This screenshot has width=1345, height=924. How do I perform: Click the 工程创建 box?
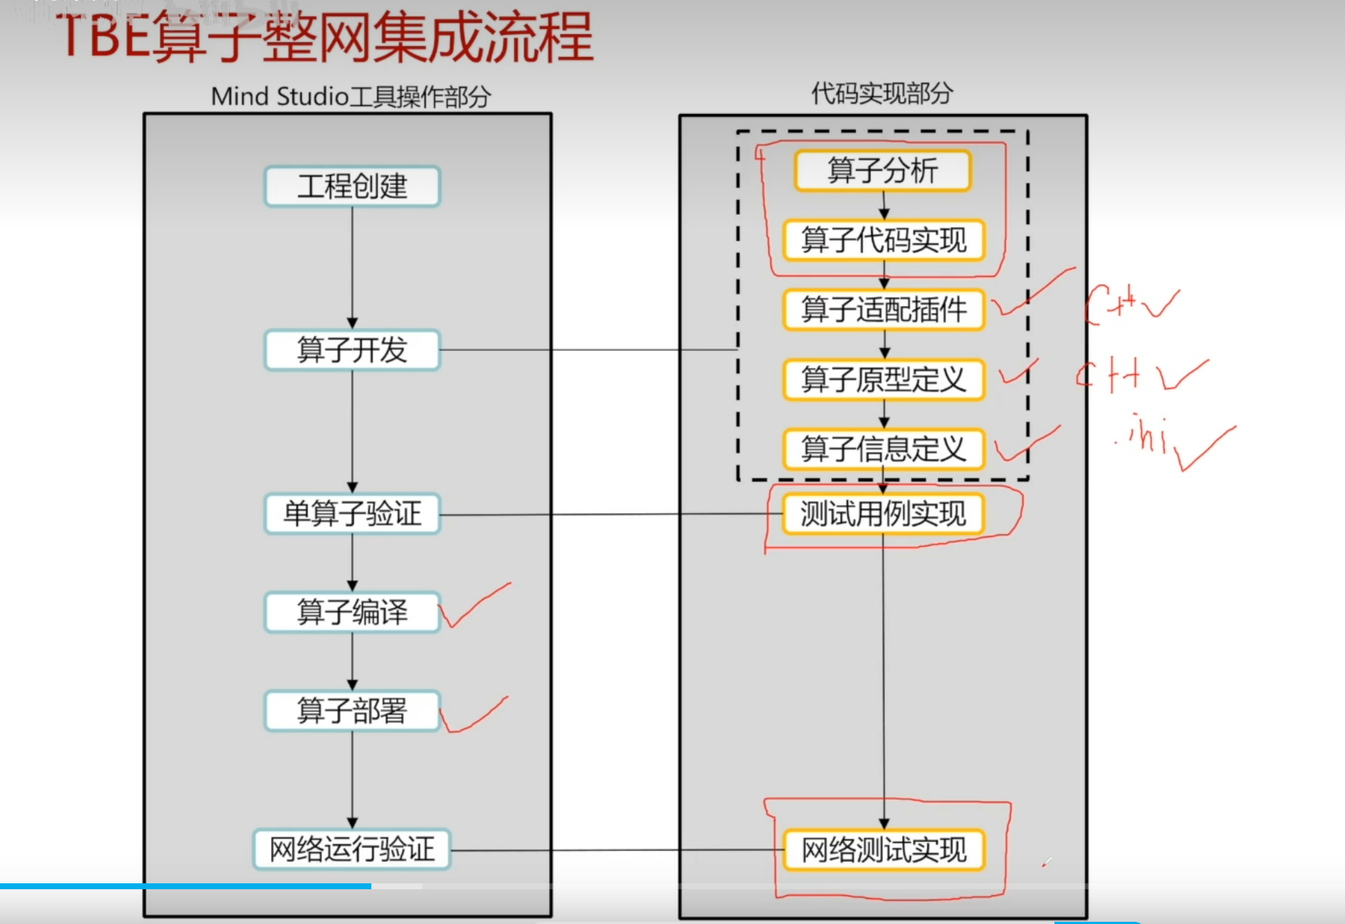click(352, 186)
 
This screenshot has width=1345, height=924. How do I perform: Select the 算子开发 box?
click(352, 350)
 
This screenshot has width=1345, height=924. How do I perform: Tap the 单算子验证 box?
click(352, 513)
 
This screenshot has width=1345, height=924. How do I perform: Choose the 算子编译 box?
click(352, 612)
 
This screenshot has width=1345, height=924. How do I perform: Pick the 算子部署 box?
click(352, 711)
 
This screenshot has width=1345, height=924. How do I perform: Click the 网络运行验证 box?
click(352, 849)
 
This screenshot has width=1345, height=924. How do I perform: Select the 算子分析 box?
click(883, 171)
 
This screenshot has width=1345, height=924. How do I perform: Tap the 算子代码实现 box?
click(884, 240)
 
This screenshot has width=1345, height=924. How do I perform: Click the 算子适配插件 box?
click(884, 309)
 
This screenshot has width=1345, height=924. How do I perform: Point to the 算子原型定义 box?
click(884, 380)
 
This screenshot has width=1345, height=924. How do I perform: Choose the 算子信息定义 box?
click(884, 449)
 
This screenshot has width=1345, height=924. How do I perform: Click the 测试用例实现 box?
click(884, 513)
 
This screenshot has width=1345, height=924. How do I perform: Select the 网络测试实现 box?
click(884, 850)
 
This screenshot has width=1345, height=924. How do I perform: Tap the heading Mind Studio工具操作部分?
click(350, 96)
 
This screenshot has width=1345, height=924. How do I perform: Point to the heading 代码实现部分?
click(881, 93)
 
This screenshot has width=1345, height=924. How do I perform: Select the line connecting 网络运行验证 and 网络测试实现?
click(617, 850)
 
